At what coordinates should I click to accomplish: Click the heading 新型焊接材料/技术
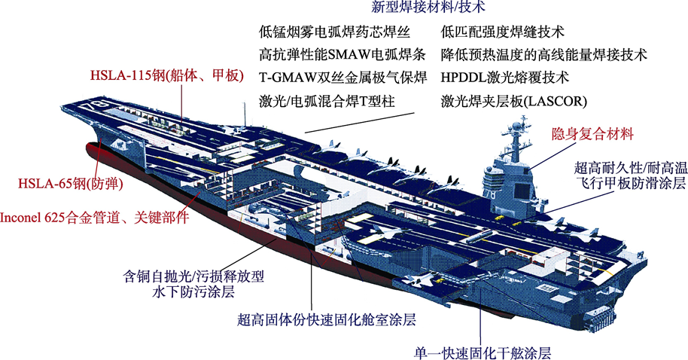coord(428,6)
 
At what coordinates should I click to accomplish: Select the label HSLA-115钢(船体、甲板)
coord(167,75)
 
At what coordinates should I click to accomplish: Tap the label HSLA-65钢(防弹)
coord(70,183)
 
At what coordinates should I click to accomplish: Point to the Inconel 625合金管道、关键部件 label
coord(94,218)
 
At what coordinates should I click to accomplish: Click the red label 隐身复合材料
coord(592,134)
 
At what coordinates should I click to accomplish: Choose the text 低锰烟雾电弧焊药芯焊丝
coord(334,32)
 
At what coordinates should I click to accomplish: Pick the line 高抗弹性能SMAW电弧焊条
coord(342,54)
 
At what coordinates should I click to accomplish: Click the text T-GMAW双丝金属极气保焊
coord(342,78)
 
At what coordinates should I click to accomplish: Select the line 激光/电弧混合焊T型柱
coord(327,101)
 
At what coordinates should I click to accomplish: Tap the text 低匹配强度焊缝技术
coord(502,32)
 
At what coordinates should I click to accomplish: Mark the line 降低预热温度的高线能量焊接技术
coord(544,54)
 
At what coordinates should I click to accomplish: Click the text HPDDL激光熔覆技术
coord(504,78)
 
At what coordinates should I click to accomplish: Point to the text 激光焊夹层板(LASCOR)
coord(514,101)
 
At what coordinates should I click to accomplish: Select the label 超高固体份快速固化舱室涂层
coord(327,319)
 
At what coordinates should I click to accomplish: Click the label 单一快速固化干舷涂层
coord(483,352)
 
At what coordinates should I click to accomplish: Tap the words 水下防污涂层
coord(193,292)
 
